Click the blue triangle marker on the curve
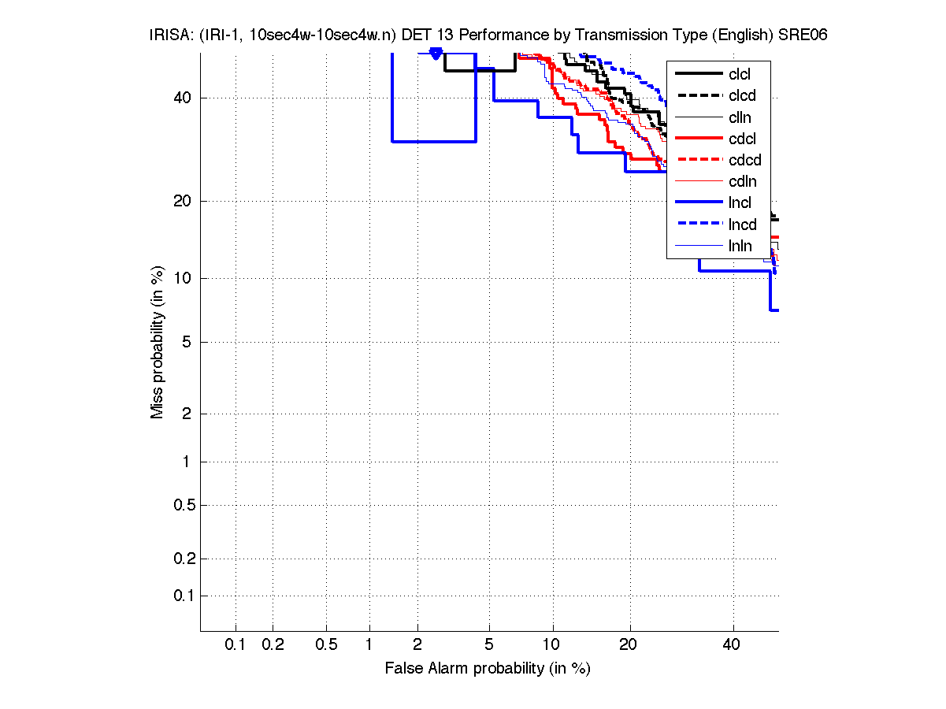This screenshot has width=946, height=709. pos(436,53)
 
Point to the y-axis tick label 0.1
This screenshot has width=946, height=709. pos(184,596)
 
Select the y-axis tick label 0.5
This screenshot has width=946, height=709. pos(184,505)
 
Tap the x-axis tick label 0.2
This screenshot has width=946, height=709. pos(273,645)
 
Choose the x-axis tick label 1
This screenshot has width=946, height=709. pos(369,645)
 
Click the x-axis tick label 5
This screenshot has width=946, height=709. pos(489,645)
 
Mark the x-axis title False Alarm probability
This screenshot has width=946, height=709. pos(488,669)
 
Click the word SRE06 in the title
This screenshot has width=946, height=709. pos(803,35)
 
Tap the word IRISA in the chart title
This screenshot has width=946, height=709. pos(167,35)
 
